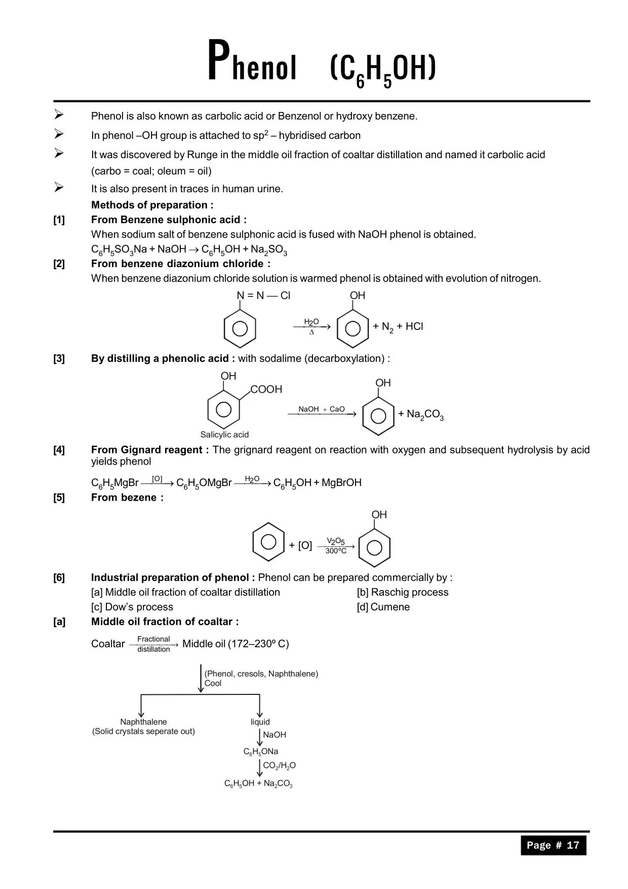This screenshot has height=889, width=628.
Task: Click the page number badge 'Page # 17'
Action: pyautogui.click(x=553, y=845)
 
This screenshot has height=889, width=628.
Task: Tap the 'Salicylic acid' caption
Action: pyautogui.click(x=224, y=434)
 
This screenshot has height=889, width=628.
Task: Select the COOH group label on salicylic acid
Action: pyautogui.click(x=266, y=389)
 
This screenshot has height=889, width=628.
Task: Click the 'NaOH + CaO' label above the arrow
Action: pyautogui.click(x=321, y=409)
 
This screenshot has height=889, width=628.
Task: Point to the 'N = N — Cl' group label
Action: pyautogui.click(x=263, y=295)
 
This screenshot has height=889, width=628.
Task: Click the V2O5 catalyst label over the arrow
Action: pyautogui.click(x=335, y=541)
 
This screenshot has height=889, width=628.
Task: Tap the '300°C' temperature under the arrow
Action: pyautogui.click(x=336, y=551)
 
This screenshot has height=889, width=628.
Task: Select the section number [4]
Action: pyautogui.click(x=59, y=450)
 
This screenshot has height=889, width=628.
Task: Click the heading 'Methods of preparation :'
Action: pyautogui.click(x=152, y=205)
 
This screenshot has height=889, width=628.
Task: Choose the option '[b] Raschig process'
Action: pyautogui.click(x=403, y=592)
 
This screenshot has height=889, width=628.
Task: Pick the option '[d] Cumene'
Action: pyautogui.click(x=383, y=607)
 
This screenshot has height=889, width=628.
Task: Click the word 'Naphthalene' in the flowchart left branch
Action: pyautogui.click(x=143, y=722)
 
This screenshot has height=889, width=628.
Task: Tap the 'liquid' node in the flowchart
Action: pyautogui.click(x=260, y=722)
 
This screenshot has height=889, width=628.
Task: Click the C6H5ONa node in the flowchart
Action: pyautogui.click(x=261, y=752)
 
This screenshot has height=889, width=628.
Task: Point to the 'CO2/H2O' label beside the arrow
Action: pyautogui.click(x=279, y=766)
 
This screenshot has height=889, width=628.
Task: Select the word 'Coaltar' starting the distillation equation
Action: pyautogui.click(x=108, y=644)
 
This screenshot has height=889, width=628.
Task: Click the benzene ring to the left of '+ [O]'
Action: pyautogui.click(x=268, y=542)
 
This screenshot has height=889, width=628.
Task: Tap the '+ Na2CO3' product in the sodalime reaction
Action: pyautogui.click(x=421, y=415)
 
